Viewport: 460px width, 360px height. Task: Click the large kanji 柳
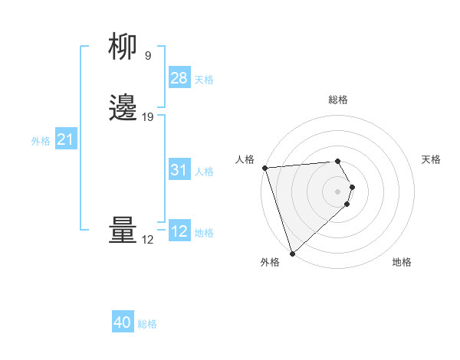click(123, 47)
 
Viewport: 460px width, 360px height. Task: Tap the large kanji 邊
click(123, 107)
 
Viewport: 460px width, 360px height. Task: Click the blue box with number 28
click(179, 78)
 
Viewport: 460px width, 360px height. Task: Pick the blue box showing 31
click(179, 171)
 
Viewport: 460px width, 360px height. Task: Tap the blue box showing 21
click(65, 140)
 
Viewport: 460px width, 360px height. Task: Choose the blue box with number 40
click(123, 323)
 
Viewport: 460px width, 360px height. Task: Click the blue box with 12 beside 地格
click(179, 232)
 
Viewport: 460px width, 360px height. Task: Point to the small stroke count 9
click(148, 55)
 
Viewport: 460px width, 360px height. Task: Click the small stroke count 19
click(148, 117)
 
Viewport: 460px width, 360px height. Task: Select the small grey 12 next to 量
click(148, 240)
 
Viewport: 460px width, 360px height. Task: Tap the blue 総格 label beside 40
click(147, 324)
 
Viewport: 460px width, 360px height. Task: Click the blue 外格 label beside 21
click(41, 141)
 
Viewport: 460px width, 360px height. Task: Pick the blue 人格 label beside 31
click(205, 172)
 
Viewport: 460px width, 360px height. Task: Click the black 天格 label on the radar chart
click(431, 159)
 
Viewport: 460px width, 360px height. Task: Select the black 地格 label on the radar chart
click(402, 262)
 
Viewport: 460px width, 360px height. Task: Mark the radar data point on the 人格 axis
click(264, 168)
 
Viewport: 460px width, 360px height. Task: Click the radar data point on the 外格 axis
click(291, 254)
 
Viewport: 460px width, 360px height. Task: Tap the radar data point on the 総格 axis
click(337, 161)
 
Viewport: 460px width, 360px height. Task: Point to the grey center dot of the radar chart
click(338, 191)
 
